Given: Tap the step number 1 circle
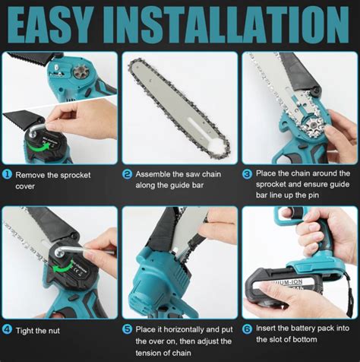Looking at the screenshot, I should (x=7, y=173).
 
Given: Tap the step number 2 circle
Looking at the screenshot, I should (x=128, y=173).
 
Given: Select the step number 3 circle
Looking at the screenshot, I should (x=247, y=173).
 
